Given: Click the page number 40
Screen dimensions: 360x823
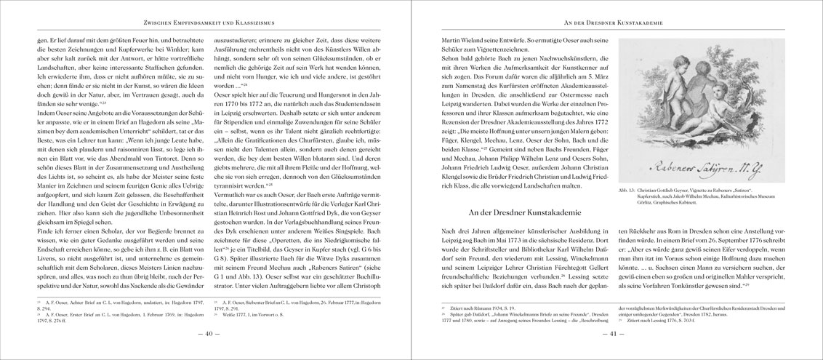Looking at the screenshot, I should coord(205,334).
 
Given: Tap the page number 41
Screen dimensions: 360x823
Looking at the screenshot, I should coord(617,334).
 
